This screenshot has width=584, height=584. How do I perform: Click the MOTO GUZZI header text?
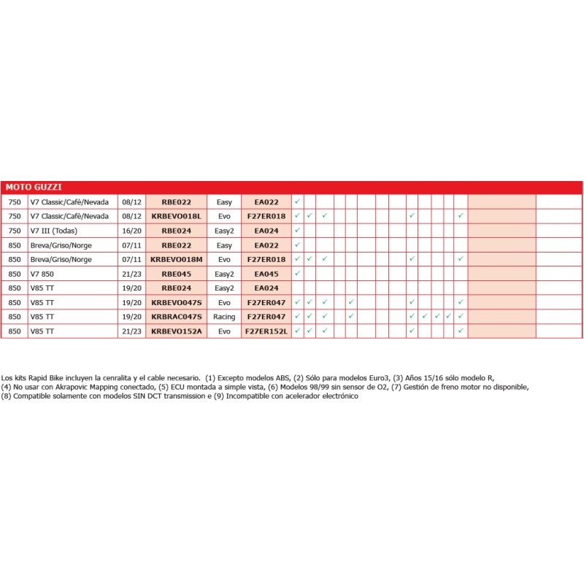click(34, 187)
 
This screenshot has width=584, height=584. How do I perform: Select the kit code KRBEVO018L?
click(176, 216)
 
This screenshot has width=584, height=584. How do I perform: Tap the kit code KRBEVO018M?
click(176, 259)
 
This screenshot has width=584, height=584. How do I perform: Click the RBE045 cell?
click(176, 274)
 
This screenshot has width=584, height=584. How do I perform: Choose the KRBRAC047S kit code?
click(176, 317)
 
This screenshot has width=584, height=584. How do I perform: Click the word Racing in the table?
click(224, 317)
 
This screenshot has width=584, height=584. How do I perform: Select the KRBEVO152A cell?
click(176, 331)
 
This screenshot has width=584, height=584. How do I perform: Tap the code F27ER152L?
click(266, 331)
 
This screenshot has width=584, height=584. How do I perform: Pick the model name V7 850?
click(42, 274)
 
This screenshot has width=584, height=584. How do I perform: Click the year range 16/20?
click(131, 231)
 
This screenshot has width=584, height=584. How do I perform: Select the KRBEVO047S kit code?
click(176, 302)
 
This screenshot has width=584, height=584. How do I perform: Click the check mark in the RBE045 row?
click(297, 273)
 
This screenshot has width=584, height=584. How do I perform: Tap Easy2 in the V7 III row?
click(224, 231)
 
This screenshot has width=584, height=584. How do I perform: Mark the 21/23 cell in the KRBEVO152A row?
click(131, 331)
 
